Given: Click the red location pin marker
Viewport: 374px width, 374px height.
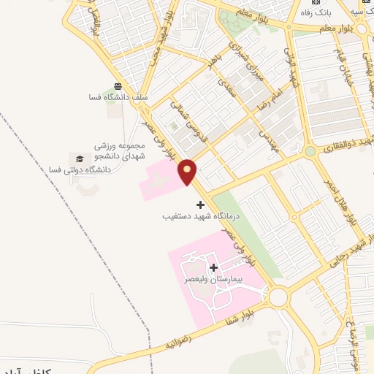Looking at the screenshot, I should tap(188, 172).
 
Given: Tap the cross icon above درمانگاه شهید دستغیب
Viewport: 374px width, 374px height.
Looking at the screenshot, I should tap(201, 204).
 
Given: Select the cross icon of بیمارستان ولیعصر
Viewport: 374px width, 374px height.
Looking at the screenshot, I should tap(214, 267).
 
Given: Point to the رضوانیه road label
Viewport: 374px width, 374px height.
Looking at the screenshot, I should tap(178, 341).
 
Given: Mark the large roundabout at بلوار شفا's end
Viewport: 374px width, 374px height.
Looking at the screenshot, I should tap(278, 297).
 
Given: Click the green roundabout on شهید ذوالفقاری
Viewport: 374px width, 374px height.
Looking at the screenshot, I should tap(310, 152).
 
